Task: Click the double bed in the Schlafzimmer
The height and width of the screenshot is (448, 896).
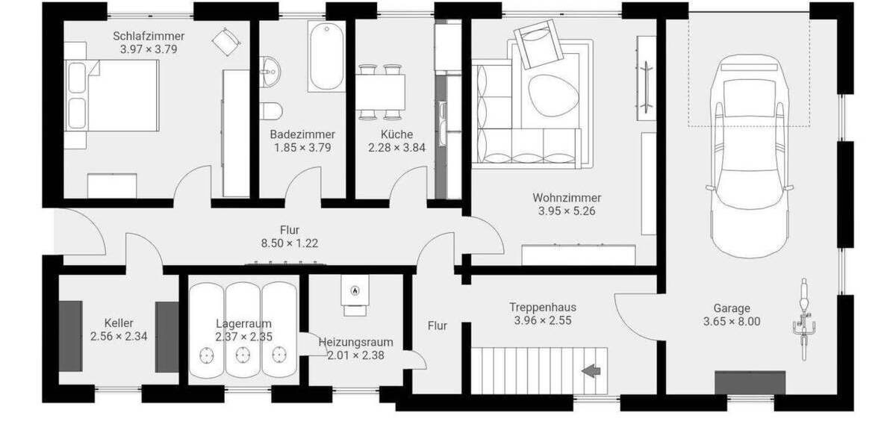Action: coord(112,95)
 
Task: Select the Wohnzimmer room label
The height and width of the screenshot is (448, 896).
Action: coord(567,198)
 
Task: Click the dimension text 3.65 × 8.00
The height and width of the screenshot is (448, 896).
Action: coord(731,322)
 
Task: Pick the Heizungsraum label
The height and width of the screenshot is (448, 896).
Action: coord(355,342)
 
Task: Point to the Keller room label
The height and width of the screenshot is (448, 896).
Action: coord(119,323)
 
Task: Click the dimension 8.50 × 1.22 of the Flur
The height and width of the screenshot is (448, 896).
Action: coord(290,243)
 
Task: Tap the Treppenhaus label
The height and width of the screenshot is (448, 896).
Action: coord(543,307)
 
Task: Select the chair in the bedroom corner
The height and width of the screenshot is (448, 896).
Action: coord(225,41)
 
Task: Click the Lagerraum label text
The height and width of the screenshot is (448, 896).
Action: coord(243,323)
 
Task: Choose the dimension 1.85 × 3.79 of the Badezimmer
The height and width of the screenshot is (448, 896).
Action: coord(302,147)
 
